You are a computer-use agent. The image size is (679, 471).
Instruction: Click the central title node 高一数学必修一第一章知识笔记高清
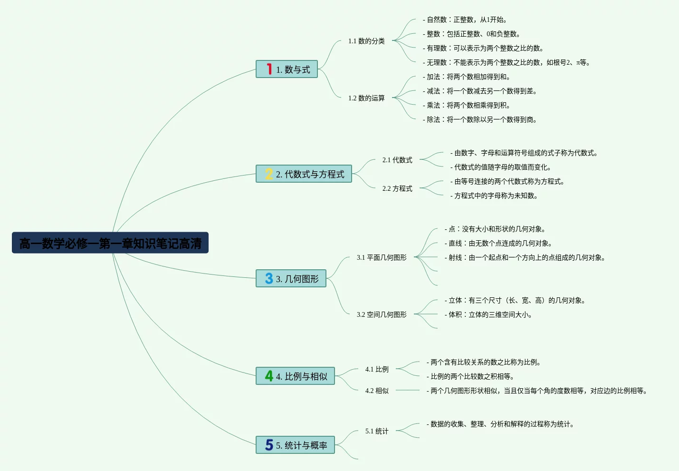(110, 243)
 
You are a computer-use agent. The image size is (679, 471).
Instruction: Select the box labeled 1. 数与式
(287, 69)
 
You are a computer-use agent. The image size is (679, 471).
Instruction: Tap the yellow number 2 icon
(269, 174)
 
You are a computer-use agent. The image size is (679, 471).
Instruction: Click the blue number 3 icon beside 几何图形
(269, 278)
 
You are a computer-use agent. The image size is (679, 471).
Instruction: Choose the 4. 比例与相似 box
(295, 376)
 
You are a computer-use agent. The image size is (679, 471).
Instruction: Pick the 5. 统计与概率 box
(295, 445)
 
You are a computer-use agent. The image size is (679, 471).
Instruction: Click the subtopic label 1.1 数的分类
(366, 41)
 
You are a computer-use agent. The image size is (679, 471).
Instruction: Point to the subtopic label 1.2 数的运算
(366, 98)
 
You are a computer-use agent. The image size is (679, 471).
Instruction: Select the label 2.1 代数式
(397, 160)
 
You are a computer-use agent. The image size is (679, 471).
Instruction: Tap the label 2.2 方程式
(397, 188)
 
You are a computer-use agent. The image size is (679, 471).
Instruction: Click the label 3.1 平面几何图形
(382, 257)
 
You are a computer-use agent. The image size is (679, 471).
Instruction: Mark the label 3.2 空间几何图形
(382, 314)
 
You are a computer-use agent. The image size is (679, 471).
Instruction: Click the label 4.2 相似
(377, 391)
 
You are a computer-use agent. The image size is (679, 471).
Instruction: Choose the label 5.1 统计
(377, 431)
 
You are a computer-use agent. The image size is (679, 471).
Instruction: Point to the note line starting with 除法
(480, 119)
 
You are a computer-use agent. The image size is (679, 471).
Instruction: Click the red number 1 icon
(269, 69)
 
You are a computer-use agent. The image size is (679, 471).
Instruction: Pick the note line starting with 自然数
(465, 20)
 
